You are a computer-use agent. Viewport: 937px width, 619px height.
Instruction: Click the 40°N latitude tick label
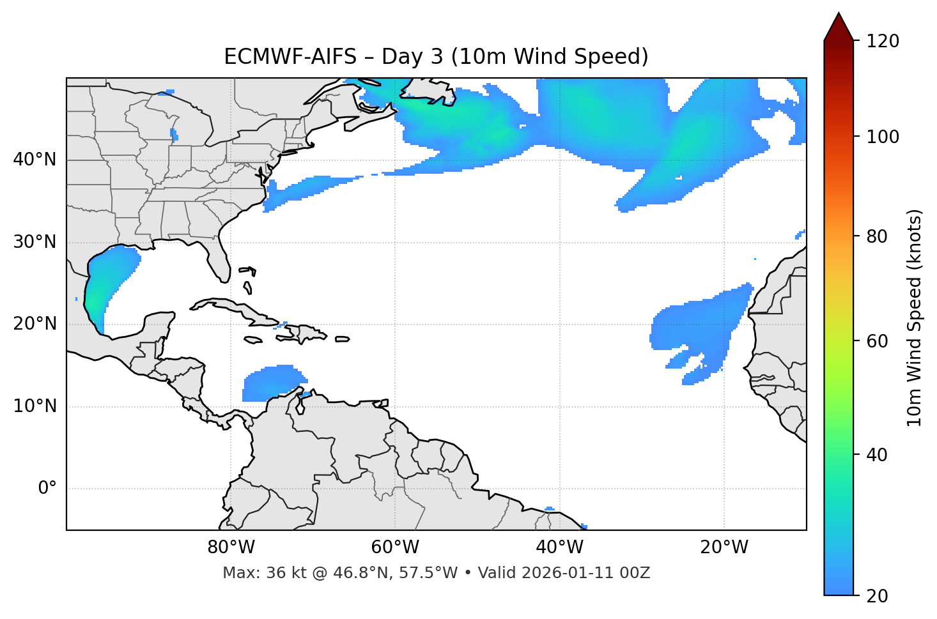pos(35,160)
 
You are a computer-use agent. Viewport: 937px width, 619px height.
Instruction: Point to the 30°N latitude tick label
pos(35,242)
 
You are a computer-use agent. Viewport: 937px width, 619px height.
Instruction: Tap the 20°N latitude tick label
pos(35,324)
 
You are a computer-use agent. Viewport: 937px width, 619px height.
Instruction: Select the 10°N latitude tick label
pos(35,406)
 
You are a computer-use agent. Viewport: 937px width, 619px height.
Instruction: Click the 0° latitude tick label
pos(47,489)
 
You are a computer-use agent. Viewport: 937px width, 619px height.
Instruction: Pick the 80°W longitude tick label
pos(231,547)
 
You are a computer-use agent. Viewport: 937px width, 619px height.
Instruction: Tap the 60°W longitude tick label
pos(395,547)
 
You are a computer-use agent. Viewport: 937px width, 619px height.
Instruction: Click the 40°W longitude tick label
pos(559,547)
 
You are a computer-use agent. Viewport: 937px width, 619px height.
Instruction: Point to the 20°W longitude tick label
pos(724,547)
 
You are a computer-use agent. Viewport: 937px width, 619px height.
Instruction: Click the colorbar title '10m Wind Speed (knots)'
pos(915,318)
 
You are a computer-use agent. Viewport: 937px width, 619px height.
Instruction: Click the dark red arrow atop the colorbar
pos(839,27)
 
